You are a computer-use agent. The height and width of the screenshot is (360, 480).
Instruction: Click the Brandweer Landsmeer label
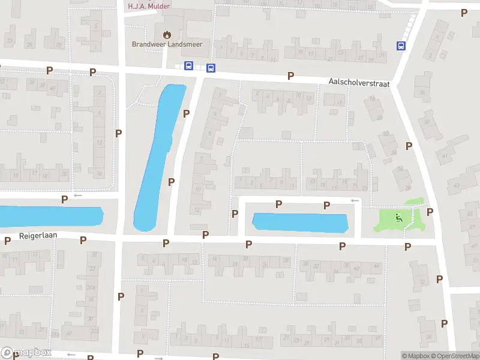coord(167,44)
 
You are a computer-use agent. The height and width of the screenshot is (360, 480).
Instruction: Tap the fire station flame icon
coord(166,34)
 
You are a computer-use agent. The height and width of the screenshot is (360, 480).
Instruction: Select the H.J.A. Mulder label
coord(149,7)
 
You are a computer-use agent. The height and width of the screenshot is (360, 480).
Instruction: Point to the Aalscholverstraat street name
coord(359,83)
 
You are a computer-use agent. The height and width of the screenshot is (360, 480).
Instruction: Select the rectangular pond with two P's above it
coord(300,223)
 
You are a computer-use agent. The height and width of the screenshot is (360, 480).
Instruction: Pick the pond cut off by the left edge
coord(48,217)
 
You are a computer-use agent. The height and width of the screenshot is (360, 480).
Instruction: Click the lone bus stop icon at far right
coord(401,46)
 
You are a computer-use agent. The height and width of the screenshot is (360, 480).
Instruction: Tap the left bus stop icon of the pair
coord(188,65)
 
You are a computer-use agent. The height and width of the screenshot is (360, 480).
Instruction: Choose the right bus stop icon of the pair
coord(210,68)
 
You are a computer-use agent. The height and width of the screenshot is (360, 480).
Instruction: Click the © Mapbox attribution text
coord(415,356)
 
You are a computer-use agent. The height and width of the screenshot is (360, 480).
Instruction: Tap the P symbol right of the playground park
coord(430,212)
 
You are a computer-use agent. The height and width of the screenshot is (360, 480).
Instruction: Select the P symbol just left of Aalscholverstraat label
coord(290,76)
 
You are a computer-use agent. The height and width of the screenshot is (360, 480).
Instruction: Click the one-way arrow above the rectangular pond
coord(355,200)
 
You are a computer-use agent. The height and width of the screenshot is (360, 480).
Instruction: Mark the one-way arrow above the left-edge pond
coord(77,196)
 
